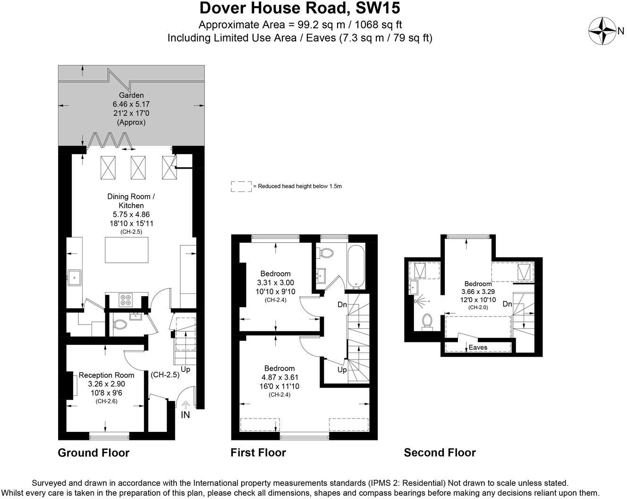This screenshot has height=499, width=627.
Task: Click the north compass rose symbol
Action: (x=602, y=31)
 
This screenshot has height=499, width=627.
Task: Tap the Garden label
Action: (x=131, y=95)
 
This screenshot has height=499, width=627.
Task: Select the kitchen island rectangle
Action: (x=127, y=250)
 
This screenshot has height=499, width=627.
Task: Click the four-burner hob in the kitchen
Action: (x=126, y=300)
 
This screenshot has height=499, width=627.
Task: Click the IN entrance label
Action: (x=186, y=414)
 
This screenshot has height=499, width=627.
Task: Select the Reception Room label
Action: (x=106, y=375)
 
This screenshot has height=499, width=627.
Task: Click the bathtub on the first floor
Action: (x=356, y=267)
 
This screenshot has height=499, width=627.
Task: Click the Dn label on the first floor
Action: (x=342, y=305)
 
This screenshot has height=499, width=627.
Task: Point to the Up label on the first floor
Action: (x=342, y=369)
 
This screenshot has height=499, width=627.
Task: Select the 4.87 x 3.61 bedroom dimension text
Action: (x=280, y=377)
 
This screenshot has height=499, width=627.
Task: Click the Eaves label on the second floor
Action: (x=478, y=347)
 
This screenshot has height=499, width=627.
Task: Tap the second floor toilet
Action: (x=428, y=321)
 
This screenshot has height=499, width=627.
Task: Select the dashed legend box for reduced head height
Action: (x=241, y=186)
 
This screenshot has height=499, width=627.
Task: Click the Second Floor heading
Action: (x=440, y=453)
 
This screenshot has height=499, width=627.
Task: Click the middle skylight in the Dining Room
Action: (x=138, y=167)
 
